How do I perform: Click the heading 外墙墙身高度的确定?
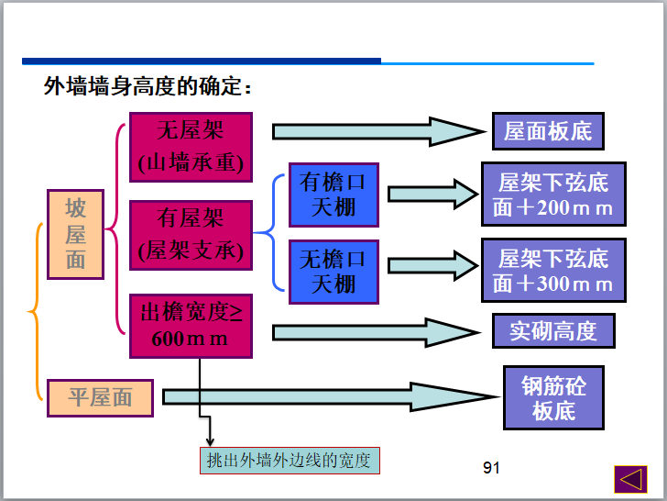[148, 87]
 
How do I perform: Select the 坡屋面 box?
[75, 234]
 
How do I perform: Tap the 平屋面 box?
[101, 397]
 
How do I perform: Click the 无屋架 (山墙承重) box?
[191, 147]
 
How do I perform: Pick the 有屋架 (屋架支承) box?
[191, 234]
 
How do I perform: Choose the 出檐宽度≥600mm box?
[191, 326]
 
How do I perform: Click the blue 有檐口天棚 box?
[333, 195]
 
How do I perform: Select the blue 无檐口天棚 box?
[333, 272]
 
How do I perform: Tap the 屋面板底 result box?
[548, 131]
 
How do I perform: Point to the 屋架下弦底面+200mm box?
[553, 195]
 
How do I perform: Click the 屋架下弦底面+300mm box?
[553, 271]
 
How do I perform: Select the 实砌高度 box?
[553, 330]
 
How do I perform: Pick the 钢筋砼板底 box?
[553, 397]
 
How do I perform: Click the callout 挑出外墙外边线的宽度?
[290, 460]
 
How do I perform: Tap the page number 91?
[491, 469]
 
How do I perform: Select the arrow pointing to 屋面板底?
[376, 131]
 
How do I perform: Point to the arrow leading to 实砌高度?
[376, 330]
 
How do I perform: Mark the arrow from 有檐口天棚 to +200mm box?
[431, 195]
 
